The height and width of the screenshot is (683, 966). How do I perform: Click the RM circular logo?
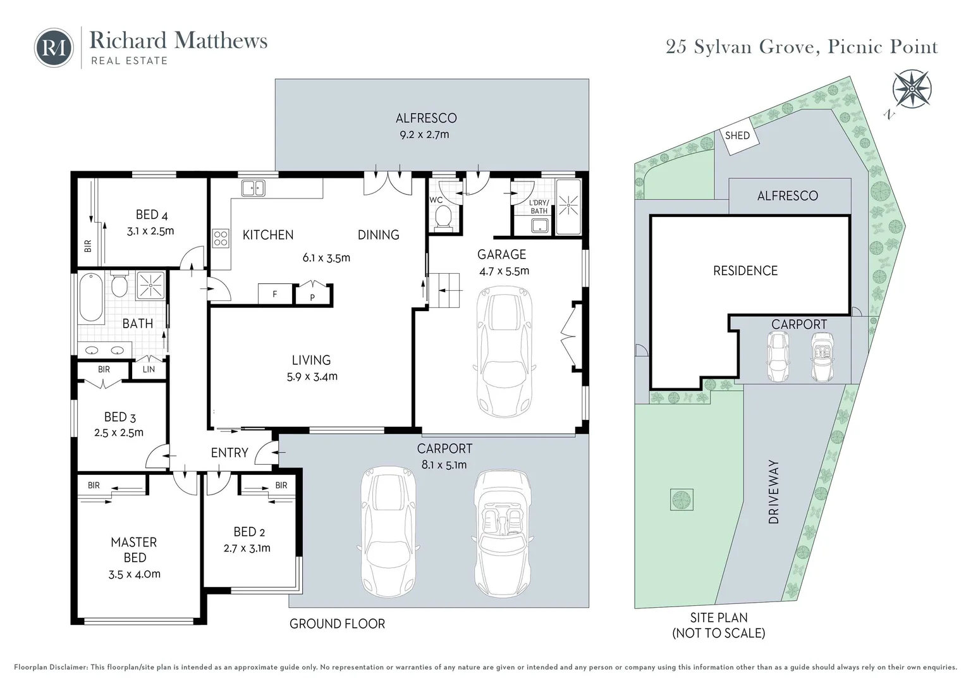click(54, 47)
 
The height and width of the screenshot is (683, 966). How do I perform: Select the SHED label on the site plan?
click(737, 135)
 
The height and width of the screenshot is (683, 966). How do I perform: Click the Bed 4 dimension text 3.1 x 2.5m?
click(150, 231)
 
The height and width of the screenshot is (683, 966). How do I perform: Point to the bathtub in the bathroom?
click(91, 297)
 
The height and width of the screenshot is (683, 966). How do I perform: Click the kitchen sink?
click(254, 188)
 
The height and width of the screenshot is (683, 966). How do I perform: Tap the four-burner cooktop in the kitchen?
click(221, 238)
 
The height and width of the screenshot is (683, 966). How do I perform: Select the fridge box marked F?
click(275, 294)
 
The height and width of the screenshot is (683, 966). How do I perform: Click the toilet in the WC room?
click(444, 217)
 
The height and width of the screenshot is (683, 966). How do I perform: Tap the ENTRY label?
click(229, 453)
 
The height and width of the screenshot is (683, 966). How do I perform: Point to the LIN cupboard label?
click(149, 369)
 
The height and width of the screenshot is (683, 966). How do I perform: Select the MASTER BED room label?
click(134, 550)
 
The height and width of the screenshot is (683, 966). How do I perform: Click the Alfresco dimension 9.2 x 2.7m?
click(424, 135)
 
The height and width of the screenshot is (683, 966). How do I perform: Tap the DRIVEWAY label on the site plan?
click(774, 492)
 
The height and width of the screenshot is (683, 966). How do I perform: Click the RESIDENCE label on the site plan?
click(745, 271)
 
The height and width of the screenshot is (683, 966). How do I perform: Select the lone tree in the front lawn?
click(681, 500)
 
